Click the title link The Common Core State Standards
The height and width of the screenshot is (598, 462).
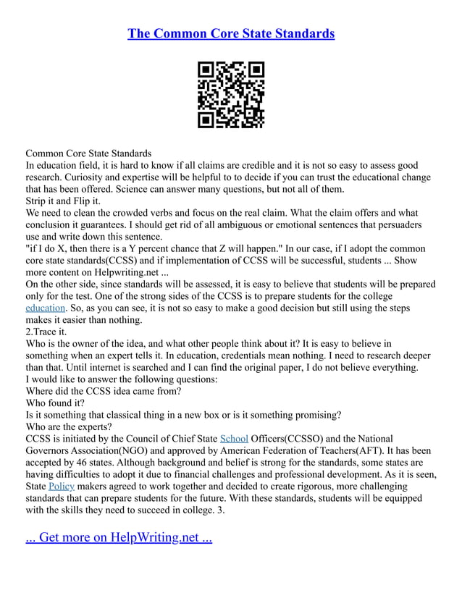231,33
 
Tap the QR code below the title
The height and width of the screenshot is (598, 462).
231,95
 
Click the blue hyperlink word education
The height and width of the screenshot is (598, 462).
45,308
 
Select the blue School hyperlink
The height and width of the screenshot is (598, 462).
233,438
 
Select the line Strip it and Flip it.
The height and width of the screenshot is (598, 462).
63,201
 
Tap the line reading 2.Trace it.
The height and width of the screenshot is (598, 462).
46,331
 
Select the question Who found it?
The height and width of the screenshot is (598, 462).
55,403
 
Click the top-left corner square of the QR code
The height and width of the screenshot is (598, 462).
206,70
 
